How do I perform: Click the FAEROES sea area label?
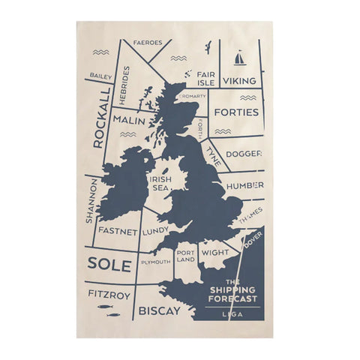[x=148, y=43]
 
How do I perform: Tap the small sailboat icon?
[x=239, y=58]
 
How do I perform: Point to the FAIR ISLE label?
[x=205, y=79]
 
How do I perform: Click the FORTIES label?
[x=236, y=112]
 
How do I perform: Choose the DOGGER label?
[x=244, y=154]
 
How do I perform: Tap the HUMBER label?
[x=244, y=185]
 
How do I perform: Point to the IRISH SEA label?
[x=160, y=184]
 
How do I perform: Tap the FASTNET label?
[x=118, y=232]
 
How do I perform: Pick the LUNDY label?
[x=154, y=232]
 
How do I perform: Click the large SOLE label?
[x=109, y=265]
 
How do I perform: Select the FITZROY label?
[x=109, y=295]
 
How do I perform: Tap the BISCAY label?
[x=160, y=307]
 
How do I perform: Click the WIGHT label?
[x=215, y=253]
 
